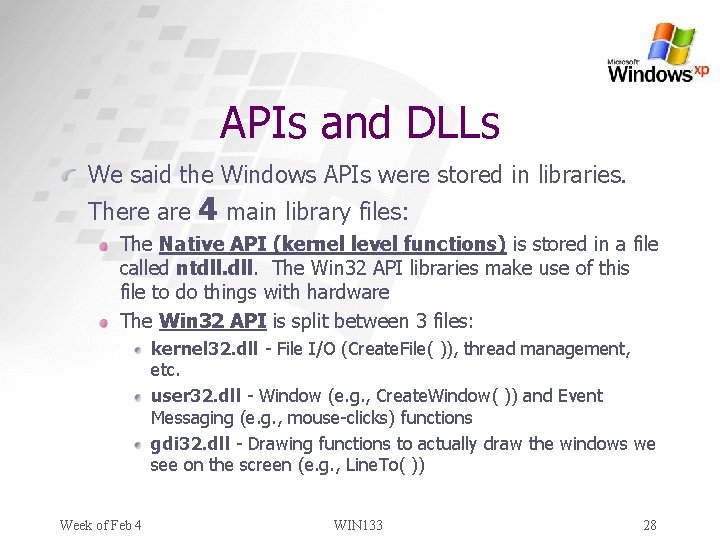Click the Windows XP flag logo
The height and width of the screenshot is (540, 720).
[x=670, y=42]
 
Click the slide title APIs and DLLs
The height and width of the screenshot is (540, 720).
[x=359, y=123]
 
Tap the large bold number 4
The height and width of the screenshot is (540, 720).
[x=208, y=209]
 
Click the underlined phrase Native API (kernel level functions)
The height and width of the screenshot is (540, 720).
[x=332, y=244]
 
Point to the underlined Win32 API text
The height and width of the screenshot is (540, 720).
[x=213, y=321]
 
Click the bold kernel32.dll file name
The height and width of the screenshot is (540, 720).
[x=203, y=349]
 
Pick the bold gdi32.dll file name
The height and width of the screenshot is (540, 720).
[x=190, y=443]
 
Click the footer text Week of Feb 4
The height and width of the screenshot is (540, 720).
[x=100, y=525]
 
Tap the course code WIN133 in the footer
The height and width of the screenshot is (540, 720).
[x=358, y=525]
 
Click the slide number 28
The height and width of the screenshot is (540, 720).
[x=650, y=525]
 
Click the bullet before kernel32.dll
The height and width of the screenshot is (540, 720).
[x=139, y=350]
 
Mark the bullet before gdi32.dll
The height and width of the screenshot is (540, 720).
[x=139, y=444]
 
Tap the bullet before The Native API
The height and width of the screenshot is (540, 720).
[x=107, y=245]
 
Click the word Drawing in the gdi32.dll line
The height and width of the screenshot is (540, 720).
[x=279, y=443]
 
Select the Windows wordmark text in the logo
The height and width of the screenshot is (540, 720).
[x=650, y=72]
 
